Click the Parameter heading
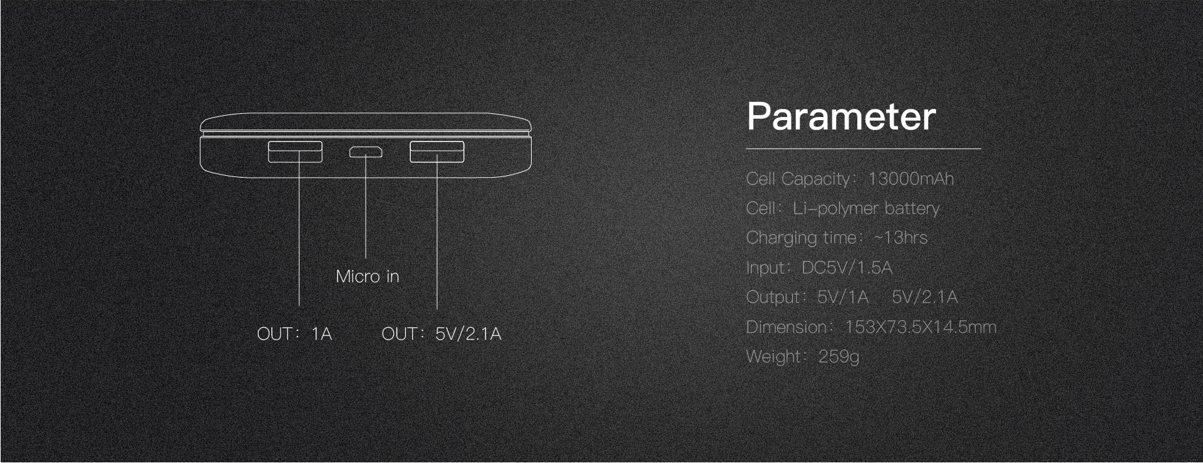(841, 116)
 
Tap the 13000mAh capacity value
(911, 179)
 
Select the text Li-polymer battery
(866, 208)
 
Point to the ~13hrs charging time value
(900, 238)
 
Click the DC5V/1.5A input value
(847, 268)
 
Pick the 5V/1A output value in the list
(843, 297)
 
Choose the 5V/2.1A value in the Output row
(924, 297)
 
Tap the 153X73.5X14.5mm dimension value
(921, 327)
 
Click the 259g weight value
(839, 357)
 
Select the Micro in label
(368, 277)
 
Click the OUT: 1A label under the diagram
(294, 334)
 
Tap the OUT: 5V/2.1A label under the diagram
(441, 334)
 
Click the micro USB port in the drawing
(366, 152)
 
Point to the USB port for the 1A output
(295, 152)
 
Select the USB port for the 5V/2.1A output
(437, 152)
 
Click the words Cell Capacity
(798, 179)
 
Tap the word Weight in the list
(773, 357)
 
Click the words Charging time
(801, 238)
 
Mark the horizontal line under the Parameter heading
(864, 149)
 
